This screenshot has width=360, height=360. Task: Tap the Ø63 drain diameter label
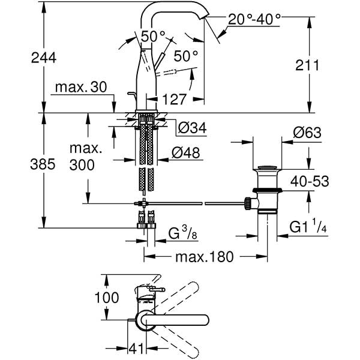[x=307, y=133]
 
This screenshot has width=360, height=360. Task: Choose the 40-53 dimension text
[x=310, y=179]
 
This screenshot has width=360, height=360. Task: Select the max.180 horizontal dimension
[x=205, y=257]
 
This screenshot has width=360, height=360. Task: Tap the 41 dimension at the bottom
[x=137, y=347]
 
